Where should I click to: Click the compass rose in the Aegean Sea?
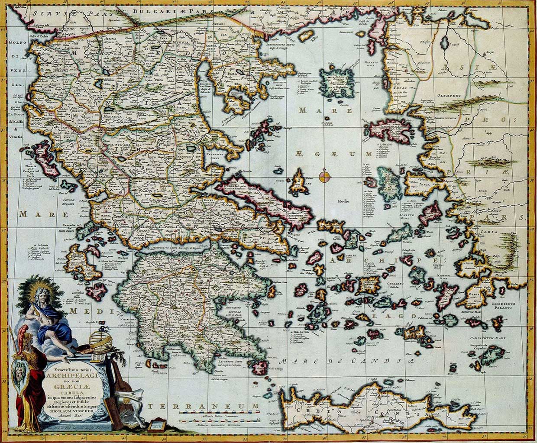[x=324, y=176]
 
